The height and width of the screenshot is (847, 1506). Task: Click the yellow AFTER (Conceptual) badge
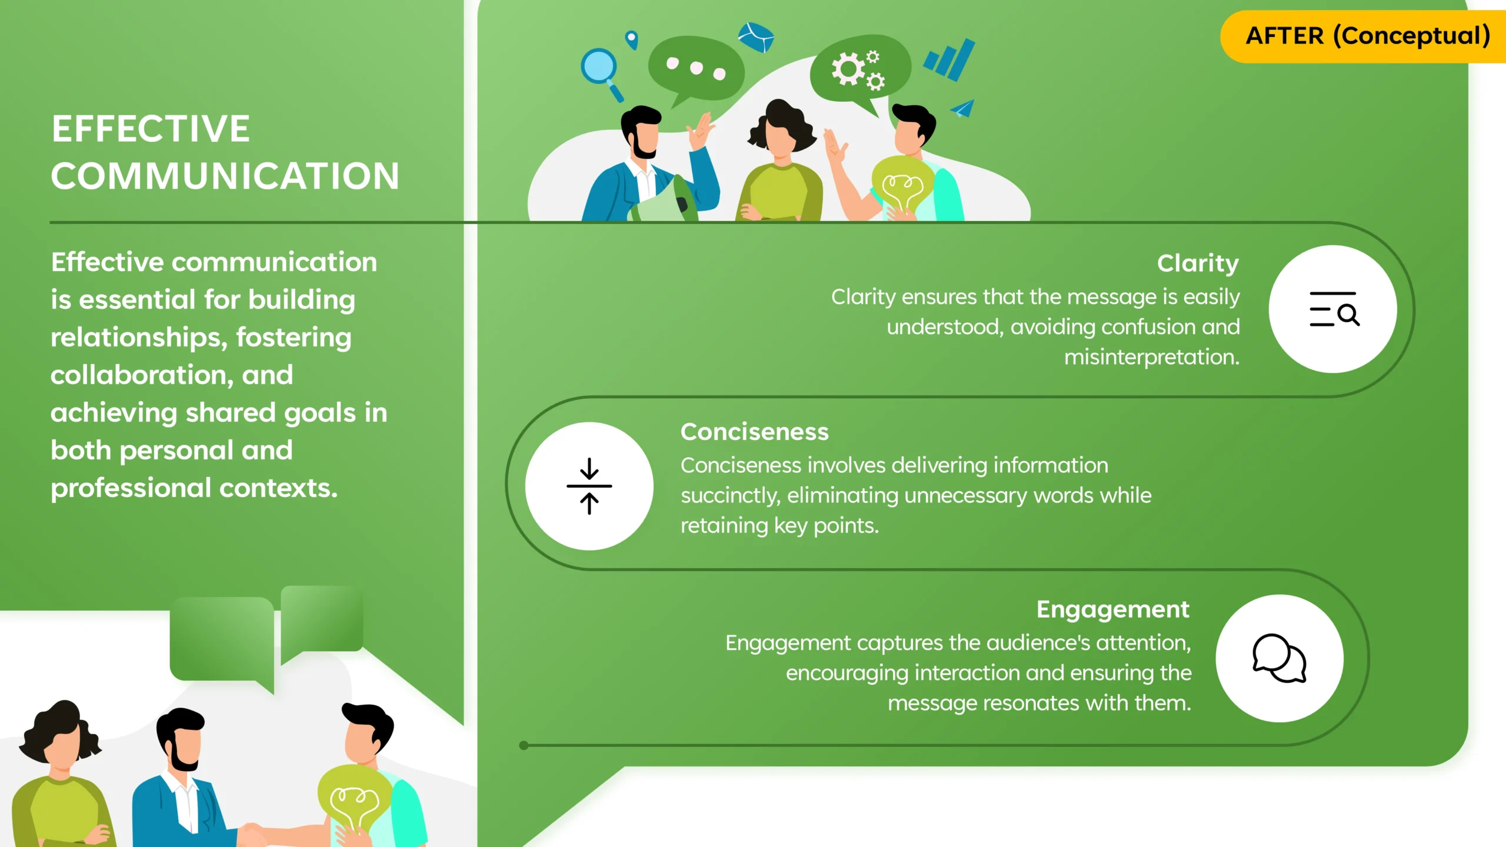[x=1364, y=36]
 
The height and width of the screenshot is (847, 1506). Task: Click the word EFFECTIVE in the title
[x=151, y=129]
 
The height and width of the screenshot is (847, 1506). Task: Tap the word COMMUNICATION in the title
[x=225, y=176]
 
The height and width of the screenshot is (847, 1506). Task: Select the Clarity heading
[x=1198, y=264]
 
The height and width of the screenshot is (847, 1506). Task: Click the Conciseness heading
[x=755, y=432]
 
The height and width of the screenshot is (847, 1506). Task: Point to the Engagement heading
[x=1113, y=610]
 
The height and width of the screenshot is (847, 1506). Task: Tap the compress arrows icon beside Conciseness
[x=589, y=486]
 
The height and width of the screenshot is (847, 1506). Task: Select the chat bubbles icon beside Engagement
[x=1279, y=658]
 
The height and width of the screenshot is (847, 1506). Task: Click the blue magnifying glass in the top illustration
[x=601, y=73]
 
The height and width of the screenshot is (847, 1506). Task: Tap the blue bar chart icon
[x=949, y=60]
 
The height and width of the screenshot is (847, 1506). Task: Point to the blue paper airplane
[x=963, y=108]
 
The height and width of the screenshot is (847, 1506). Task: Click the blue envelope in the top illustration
[x=757, y=37]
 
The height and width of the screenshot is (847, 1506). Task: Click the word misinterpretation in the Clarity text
[x=1151, y=358]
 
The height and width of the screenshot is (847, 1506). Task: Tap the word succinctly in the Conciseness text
[x=730, y=496]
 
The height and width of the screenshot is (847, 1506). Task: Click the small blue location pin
[x=632, y=40]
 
